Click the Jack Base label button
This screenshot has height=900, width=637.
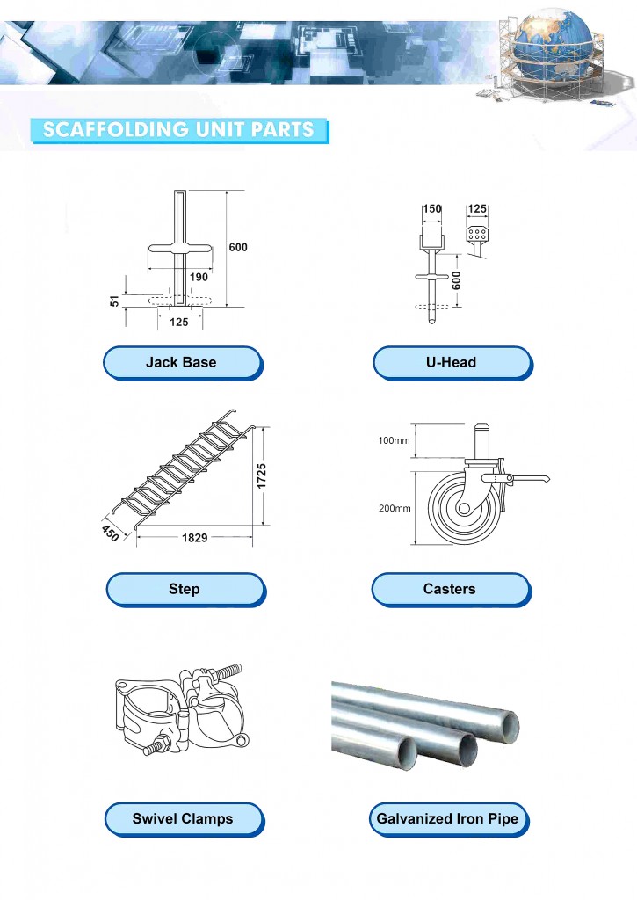(181, 362)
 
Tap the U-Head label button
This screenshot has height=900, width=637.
(451, 362)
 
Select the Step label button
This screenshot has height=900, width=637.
(184, 589)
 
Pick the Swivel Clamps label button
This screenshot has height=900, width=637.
(183, 818)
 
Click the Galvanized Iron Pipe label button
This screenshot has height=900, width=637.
(448, 818)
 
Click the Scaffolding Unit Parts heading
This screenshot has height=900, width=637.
(178, 130)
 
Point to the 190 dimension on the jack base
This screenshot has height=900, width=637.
(199, 277)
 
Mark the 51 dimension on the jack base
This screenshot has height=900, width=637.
(114, 301)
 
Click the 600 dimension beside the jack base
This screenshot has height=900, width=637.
(238, 248)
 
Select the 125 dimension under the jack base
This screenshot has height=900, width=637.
(178, 323)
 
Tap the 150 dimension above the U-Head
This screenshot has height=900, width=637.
(432, 209)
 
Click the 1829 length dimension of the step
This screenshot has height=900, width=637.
(194, 537)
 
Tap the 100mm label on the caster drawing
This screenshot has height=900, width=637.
(395, 440)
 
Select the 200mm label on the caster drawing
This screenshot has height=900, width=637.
(395, 508)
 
